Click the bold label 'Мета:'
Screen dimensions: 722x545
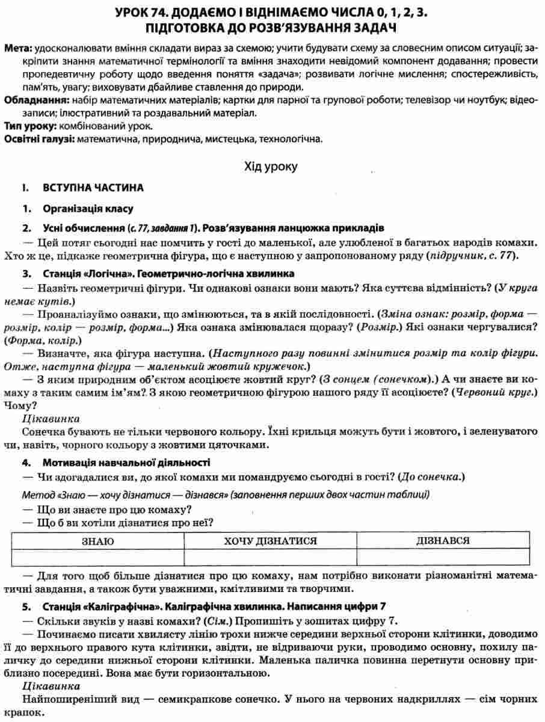(x=18, y=48)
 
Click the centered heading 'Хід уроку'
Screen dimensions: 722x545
(x=272, y=165)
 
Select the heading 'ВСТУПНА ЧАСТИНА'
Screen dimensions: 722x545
(x=93, y=188)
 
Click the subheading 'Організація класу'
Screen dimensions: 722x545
(x=88, y=209)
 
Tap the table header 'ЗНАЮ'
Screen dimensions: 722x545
(x=98, y=541)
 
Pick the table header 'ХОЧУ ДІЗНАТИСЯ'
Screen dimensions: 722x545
(x=270, y=541)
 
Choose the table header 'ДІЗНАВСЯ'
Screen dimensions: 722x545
(x=443, y=541)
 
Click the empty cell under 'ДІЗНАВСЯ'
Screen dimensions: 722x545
(x=443, y=557)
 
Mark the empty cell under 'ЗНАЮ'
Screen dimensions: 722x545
(x=98, y=557)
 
